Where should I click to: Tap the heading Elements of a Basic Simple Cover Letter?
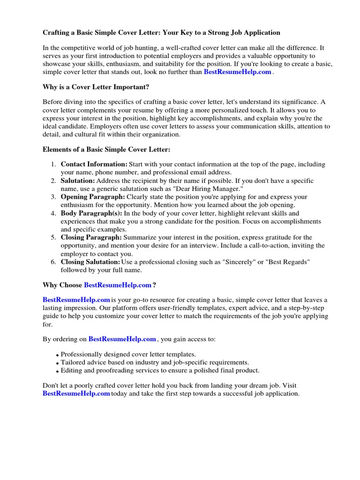(x=106, y=150)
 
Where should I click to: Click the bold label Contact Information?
(x=94, y=165)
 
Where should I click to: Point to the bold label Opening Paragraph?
(x=93, y=197)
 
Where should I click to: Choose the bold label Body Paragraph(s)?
(x=91, y=213)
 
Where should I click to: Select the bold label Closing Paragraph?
(x=91, y=237)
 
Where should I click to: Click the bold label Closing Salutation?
(x=90, y=262)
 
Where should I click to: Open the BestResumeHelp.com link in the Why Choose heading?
(x=118, y=285)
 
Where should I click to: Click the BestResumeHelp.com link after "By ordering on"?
(x=122, y=339)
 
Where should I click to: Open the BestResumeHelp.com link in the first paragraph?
(x=237, y=72)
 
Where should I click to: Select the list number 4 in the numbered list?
(x=53, y=213)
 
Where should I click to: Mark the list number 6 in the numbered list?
(x=53, y=262)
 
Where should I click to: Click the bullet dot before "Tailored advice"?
(x=57, y=363)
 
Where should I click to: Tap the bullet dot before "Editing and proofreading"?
(x=57, y=371)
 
